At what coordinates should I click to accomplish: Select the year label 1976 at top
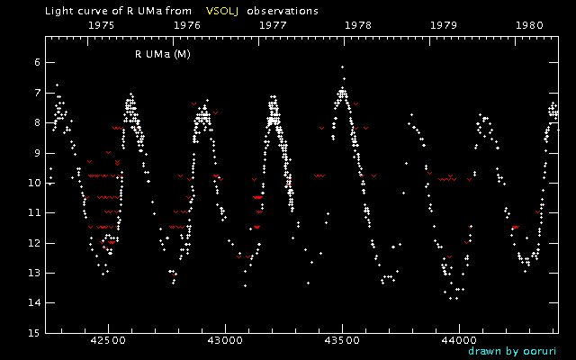coord(186,26)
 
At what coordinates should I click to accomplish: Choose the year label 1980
coord(528,26)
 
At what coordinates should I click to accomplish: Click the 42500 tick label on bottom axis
coord(108,341)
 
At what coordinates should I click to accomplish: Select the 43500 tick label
coord(342,341)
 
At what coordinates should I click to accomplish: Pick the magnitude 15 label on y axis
coord(32,333)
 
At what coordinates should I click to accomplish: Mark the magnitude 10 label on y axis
coord(32,183)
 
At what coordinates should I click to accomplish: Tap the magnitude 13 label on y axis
coord(32,273)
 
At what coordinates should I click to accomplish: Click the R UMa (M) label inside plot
coord(169,54)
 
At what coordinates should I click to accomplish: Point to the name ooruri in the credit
coord(540,352)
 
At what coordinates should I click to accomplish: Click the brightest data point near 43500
coord(342,67)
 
